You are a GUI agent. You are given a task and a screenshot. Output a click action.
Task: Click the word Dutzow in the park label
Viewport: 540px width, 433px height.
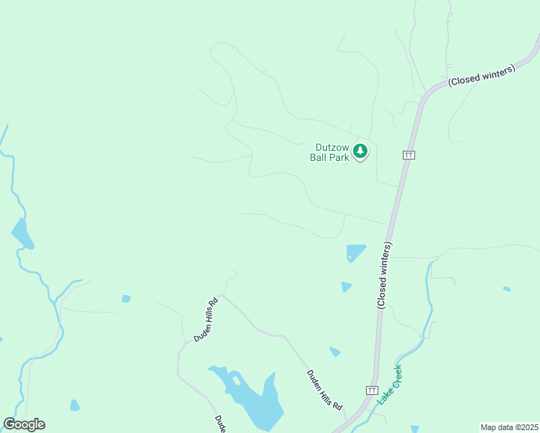[x=333, y=146]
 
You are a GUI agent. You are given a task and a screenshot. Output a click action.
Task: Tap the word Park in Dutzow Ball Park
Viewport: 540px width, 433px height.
[x=339, y=157]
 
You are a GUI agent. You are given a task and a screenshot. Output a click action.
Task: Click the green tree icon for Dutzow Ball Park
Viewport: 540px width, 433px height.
[x=360, y=152]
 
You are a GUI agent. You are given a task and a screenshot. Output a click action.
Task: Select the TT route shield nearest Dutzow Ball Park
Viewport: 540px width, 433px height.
[x=409, y=155]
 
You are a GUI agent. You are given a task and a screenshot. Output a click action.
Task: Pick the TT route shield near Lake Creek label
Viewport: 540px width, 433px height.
[x=372, y=390]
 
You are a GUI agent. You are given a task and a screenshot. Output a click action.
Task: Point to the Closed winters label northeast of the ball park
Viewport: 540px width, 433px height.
[x=481, y=76]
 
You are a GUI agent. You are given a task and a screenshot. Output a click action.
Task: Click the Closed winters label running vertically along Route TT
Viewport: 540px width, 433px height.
[x=384, y=276]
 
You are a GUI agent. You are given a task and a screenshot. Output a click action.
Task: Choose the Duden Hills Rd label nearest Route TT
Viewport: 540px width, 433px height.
[x=325, y=390]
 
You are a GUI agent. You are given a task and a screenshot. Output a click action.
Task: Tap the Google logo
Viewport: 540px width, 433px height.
[x=24, y=424]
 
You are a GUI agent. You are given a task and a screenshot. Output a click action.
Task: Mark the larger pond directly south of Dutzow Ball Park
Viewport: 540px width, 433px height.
[x=354, y=253]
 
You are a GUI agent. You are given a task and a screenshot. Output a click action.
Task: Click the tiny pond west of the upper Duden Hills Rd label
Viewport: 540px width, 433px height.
[x=126, y=299]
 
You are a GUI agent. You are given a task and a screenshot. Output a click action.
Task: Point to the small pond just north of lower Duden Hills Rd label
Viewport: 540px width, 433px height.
[x=335, y=352]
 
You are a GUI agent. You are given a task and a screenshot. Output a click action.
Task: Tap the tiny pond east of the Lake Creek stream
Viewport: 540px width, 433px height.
[x=507, y=289]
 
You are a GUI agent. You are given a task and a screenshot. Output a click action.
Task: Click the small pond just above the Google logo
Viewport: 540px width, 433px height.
[x=74, y=406]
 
